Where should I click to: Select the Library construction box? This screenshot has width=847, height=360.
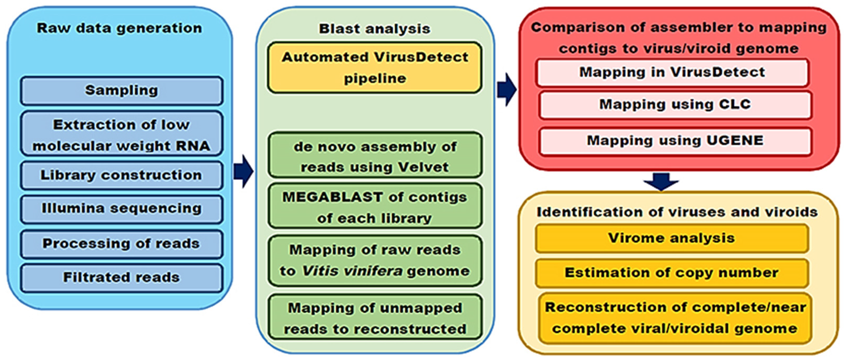coord(121,175)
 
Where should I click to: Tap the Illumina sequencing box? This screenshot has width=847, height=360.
coord(121,209)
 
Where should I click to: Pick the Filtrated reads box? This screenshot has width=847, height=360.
coord(121,278)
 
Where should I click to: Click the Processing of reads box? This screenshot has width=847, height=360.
coord(121,244)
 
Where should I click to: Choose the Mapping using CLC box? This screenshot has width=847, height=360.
coord(675,105)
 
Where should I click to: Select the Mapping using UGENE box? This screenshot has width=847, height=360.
coord(675,141)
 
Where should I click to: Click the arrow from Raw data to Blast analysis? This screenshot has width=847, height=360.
coord(244,171)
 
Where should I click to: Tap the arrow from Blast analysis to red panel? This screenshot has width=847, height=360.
coord(507,90)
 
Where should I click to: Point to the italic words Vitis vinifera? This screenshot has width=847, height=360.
coord(352,271)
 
